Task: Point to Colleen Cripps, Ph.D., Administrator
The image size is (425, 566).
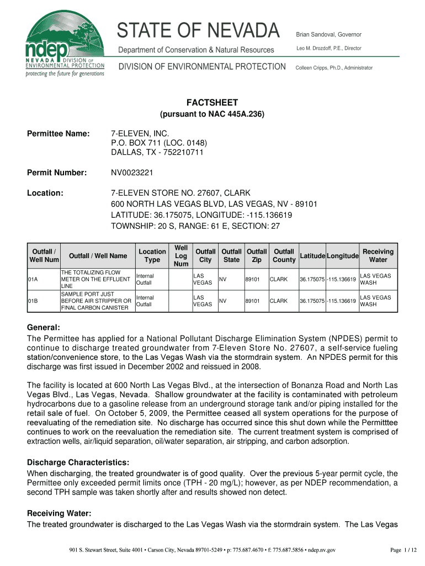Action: pyautogui.click(x=334, y=67)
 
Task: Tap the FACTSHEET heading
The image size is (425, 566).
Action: pyautogui.click(x=212, y=102)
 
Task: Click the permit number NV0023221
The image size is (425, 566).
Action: pyautogui.click(x=132, y=173)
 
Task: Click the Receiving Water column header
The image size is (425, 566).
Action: pyautogui.click(x=378, y=255)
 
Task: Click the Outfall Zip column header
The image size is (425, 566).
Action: pyautogui.click(x=256, y=255)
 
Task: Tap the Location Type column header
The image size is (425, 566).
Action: pyautogui.click(x=152, y=255)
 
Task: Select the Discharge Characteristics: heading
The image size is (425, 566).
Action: pyautogui.click(x=78, y=462)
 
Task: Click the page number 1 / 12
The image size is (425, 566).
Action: pyautogui.click(x=402, y=549)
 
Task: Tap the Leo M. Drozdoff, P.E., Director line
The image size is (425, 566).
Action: pyautogui.click(x=328, y=49)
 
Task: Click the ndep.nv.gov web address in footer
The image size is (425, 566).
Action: pyautogui.click(x=322, y=550)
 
